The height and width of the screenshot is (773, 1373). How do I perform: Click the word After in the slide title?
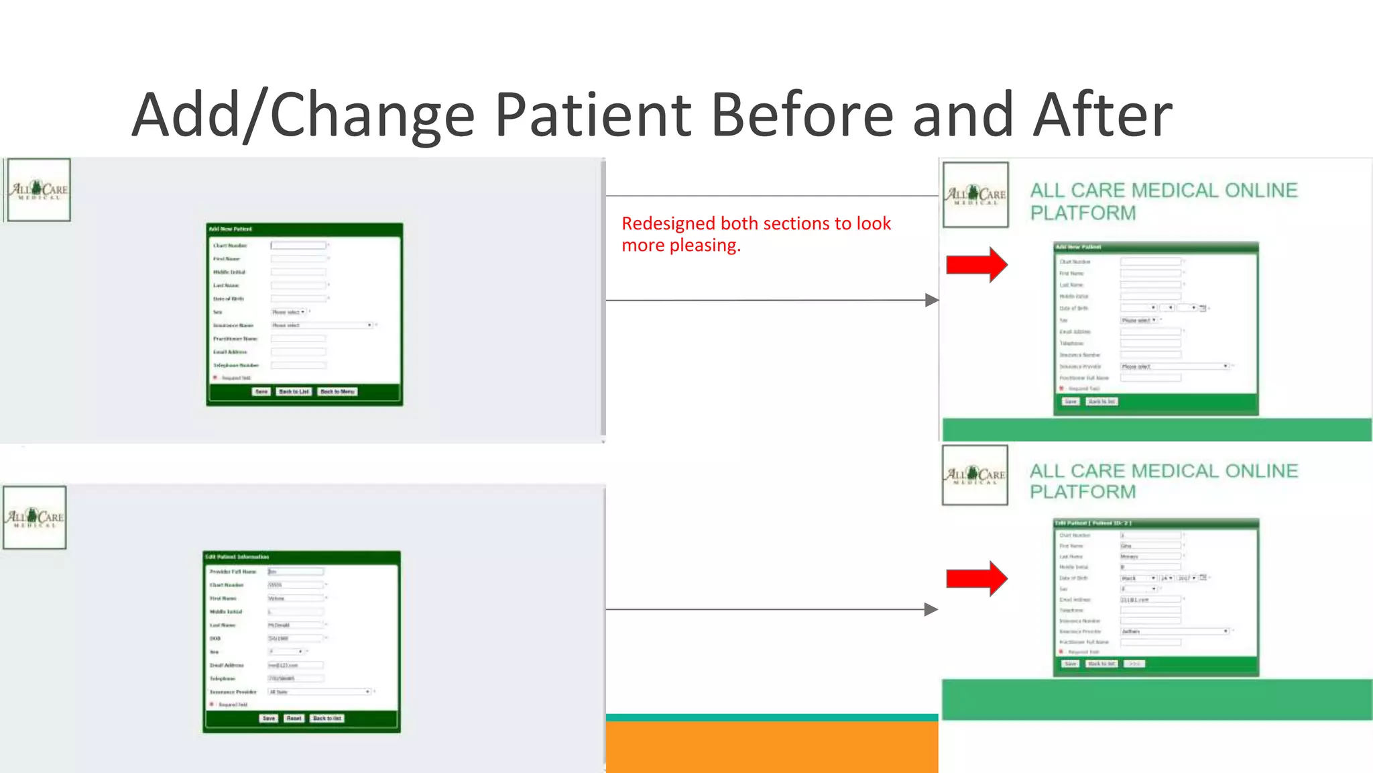pyautogui.click(x=1103, y=115)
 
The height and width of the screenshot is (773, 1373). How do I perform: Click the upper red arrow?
pyautogui.click(x=976, y=264)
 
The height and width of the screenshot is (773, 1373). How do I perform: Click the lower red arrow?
pyautogui.click(x=976, y=578)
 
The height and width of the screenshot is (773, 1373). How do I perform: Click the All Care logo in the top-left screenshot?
pyautogui.click(x=39, y=190)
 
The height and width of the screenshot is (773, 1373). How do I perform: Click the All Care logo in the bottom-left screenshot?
pyautogui.click(x=35, y=517)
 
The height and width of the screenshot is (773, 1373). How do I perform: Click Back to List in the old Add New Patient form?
pyautogui.click(x=294, y=392)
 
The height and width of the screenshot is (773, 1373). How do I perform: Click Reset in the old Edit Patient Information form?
pyautogui.click(x=294, y=719)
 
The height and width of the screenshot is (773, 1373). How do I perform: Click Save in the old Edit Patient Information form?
pyautogui.click(x=269, y=719)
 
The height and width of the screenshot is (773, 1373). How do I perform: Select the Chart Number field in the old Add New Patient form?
pyautogui.click(x=298, y=246)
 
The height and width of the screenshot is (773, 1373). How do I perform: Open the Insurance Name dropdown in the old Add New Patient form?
pyautogui.click(x=322, y=325)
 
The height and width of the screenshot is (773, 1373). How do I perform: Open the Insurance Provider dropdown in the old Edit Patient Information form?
pyautogui.click(x=319, y=692)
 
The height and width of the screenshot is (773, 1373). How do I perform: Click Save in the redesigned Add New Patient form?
pyautogui.click(x=1071, y=402)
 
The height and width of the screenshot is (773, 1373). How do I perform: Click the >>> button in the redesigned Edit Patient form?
pyautogui.click(x=1134, y=664)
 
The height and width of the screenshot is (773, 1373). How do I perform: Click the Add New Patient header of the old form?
pyautogui.click(x=231, y=229)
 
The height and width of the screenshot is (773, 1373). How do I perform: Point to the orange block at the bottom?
pyautogui.click(x=772, y=746)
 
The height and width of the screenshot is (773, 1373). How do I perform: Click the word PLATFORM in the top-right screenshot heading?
pyautogui.click(x=1083, y=213)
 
